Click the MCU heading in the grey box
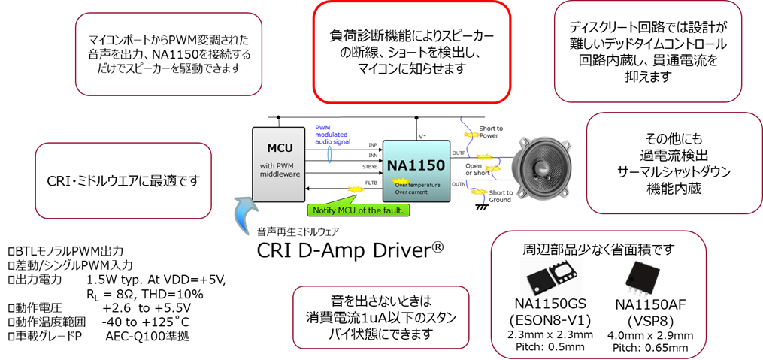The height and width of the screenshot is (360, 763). (x=279, y=147)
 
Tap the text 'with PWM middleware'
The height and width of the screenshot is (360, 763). (x=279, y=170)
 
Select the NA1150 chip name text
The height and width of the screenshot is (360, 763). (x=416, y=165)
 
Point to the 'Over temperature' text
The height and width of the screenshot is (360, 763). (x=417, y=184)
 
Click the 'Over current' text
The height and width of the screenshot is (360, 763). (x=411, y=192)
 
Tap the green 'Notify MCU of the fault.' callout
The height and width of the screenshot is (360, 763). (x=358, y=210)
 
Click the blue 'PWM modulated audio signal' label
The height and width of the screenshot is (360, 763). (x=332, y=135)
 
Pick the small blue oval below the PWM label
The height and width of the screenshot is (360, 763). (x=329, y=154)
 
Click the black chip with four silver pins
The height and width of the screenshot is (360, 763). (x=641, y=278)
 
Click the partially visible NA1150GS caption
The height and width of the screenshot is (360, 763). (x=551, y=302)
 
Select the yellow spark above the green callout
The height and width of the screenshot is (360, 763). (x=355, y=189)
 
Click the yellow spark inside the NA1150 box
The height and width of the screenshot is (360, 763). (x=400, y=180)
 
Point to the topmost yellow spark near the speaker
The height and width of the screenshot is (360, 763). (x=471, y=135)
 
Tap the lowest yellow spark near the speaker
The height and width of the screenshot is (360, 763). (x=478, y=192)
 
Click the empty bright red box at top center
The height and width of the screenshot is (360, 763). (x=411, y=52)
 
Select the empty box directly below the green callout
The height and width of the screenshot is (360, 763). (x=380, y=317)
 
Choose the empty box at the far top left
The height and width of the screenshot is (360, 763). (x=168, y=54)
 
